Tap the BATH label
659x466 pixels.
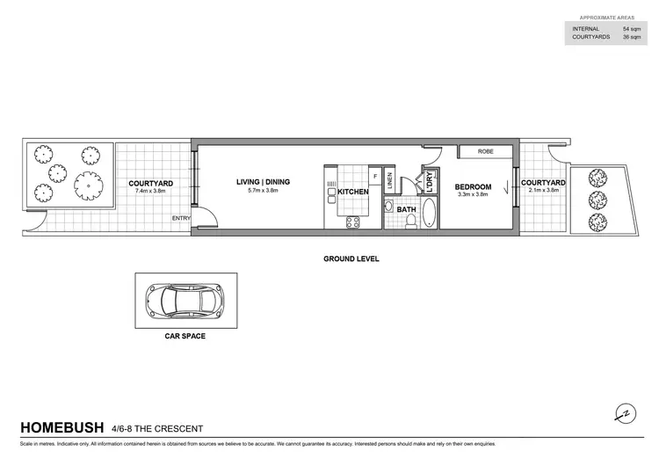pos(406,210)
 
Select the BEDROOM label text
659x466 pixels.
pos(472,187)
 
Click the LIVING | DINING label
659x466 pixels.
pos(263,182)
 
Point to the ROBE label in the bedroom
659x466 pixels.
pos(485,152)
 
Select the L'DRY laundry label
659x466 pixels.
pos(429,184)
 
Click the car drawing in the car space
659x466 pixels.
pos(185,301)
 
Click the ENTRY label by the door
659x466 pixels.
pos(181,219)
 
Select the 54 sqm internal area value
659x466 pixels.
pos(626,29)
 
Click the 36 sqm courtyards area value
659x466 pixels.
pos(626,38)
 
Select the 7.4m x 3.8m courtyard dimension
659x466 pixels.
pos(150,191)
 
